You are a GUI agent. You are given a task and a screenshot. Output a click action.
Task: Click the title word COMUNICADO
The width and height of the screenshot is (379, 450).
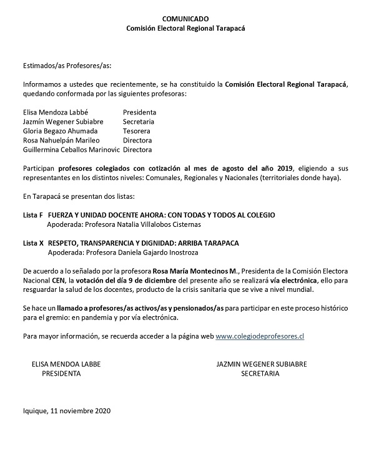189,20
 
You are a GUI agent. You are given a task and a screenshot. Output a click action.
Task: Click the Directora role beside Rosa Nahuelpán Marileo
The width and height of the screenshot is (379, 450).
138,140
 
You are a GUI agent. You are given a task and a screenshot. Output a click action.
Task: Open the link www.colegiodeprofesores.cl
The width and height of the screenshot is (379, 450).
260,336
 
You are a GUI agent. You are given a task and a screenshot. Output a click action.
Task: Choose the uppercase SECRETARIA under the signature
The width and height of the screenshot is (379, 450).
260,374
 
